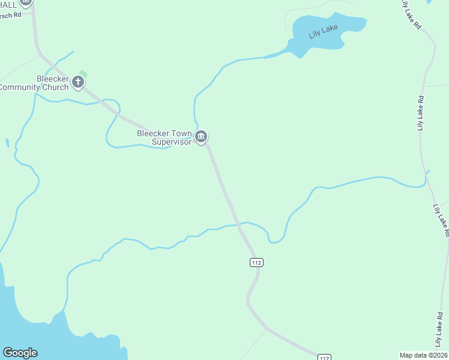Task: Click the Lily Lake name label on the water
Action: pos(324,31)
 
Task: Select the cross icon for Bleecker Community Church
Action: pos(78,82)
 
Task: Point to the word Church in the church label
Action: pos(55,88)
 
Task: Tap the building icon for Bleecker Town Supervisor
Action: pos(202,137)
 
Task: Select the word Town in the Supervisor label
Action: pos(181,134)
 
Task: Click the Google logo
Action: pos(20,353)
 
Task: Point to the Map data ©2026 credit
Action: pos(423,355)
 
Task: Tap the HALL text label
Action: pos(8,4)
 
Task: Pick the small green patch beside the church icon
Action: pos(83,74)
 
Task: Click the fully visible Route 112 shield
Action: pos(256,262)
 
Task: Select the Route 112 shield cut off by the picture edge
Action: pos(324,358)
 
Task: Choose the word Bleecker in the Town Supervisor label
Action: pos(153,134)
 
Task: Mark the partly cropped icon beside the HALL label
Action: pos(25,4)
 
